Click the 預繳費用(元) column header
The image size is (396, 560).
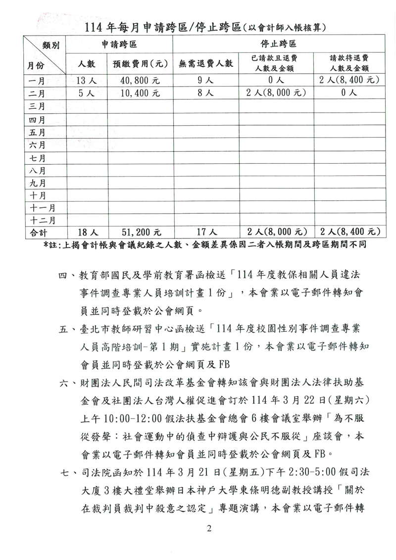[x=139, y=64]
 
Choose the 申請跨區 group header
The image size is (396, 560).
[x=119, y=44]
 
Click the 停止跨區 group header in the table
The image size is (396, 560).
[x=278, y=44]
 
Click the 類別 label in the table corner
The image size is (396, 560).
[x=51, y=46]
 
